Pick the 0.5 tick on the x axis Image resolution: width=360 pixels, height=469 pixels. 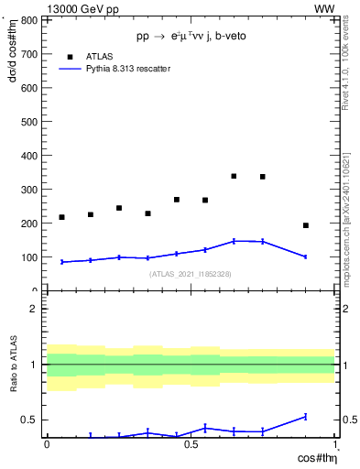tap(191, 444)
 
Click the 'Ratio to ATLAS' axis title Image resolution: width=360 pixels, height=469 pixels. tap(13, 364)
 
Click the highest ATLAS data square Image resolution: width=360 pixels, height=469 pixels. tap(234, 176)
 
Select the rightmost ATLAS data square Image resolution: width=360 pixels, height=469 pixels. tap(306, 225)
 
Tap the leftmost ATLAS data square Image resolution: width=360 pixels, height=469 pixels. tap(61, 217)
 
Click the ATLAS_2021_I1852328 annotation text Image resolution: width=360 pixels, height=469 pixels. tap(191, 274)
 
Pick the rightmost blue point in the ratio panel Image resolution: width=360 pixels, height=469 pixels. tap(306, 417)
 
